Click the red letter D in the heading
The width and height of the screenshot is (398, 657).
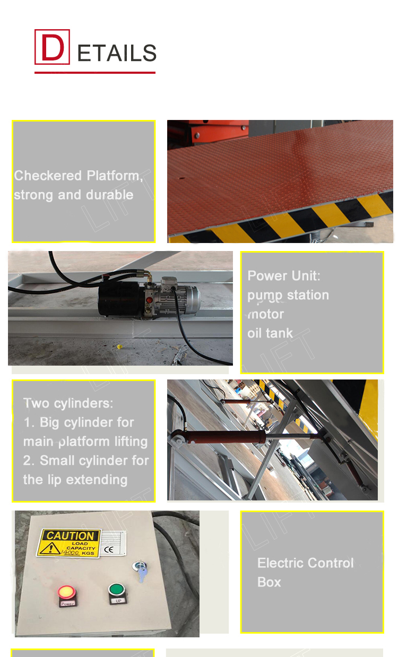tap(52, 47)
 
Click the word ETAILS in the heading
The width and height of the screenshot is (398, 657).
tap(117, 54)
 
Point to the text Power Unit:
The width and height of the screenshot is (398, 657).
tap(284, 276)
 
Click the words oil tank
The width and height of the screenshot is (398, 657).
tap(270, 333)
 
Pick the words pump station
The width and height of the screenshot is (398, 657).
tap(288, 295)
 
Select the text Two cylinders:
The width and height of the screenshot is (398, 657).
tap(68, 403)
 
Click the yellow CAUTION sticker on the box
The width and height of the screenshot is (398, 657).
tap(70, 542)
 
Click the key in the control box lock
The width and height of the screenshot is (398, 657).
tap(141, 572)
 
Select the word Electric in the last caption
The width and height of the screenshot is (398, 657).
tap(282, 563)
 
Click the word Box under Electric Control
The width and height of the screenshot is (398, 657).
tap(269, 582)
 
